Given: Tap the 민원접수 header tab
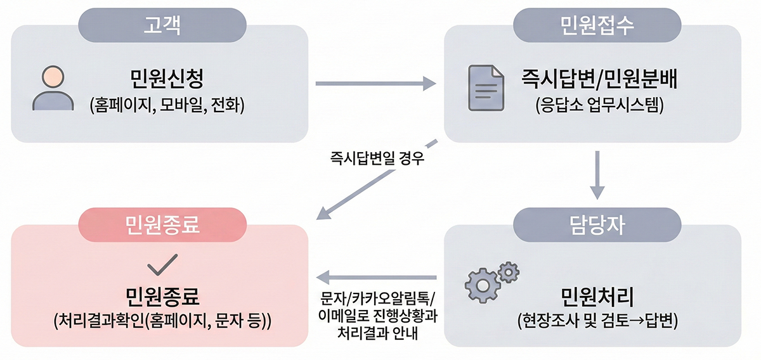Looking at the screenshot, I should (597, 25).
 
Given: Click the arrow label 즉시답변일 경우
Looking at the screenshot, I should (377, 158).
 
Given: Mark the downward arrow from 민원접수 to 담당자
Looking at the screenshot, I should (596, 174).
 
